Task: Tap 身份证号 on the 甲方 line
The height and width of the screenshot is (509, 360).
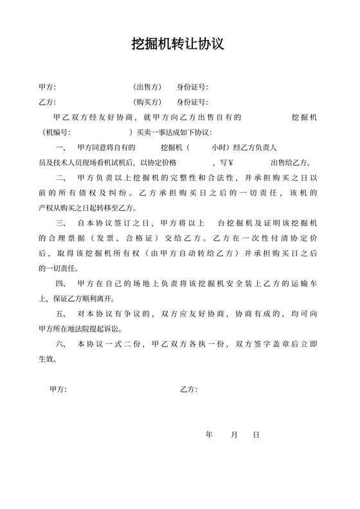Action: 192,86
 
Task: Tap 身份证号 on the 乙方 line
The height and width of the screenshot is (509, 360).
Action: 192,102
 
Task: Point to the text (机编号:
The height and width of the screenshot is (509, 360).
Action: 55,132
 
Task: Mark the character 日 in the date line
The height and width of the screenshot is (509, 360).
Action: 256,435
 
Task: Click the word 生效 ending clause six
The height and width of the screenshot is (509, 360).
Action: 46,360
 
